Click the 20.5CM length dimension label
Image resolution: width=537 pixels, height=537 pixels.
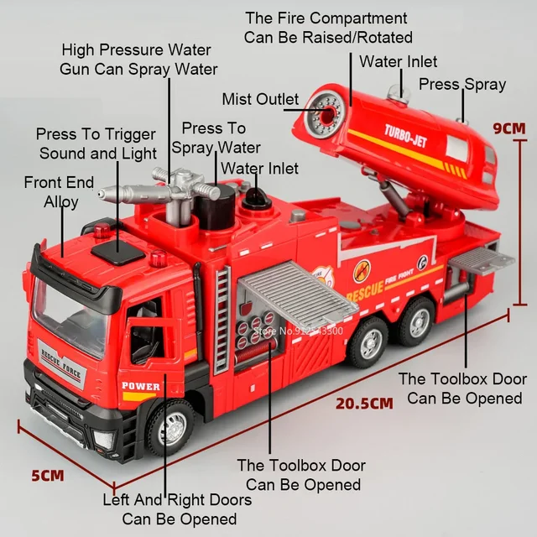point(364,403)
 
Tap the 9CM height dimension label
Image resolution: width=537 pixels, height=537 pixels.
point(509,128)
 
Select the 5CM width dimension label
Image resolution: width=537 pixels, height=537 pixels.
point(48,476)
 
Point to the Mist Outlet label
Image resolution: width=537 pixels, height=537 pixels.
point(260,100)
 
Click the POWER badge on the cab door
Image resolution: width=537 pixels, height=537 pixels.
point(140,386)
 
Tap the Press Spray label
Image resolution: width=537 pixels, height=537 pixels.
point(462,84)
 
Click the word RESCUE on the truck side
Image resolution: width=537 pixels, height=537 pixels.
point(363,290)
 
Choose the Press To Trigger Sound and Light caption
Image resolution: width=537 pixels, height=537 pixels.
point(96,143)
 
